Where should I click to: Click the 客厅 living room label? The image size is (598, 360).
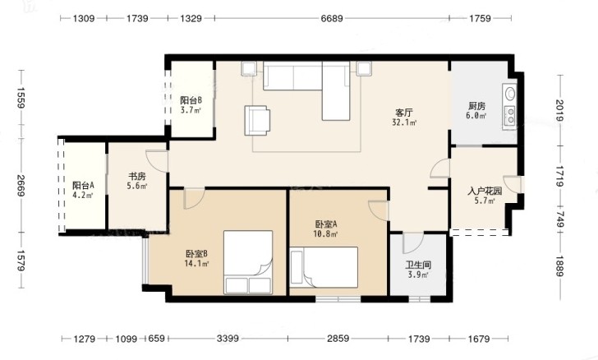[x=404, y=113]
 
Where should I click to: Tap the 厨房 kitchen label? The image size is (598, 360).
[x=476, y=106]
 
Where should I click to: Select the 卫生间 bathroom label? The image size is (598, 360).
[x=418, y=265]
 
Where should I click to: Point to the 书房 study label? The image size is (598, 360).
[x=137, y=177]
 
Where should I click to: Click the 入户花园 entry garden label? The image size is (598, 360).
[x=485, y=191]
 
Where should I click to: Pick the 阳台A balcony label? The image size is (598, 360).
[x=83, y=186]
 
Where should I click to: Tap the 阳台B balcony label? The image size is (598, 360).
[x=191, y=100]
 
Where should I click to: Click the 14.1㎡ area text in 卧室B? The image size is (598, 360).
[x=196, y=263]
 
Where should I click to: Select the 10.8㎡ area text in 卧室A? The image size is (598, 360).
[x=325, y=233]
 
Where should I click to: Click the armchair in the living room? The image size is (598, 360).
[x=257, y=120]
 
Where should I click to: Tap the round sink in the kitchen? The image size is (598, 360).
[x=510, y=94]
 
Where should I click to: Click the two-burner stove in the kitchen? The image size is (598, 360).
[x=510, y=116]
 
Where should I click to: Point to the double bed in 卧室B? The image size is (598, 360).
[x=248, y=262]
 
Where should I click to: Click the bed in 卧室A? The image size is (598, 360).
[x=324, y=267]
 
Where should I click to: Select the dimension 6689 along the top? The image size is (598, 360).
[x=331, y=18]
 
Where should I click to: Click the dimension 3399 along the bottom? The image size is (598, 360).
[x=228, y=339]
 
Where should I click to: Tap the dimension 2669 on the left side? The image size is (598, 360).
[x=21, y=186]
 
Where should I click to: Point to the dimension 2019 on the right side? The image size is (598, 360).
[x=560, y=110]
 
